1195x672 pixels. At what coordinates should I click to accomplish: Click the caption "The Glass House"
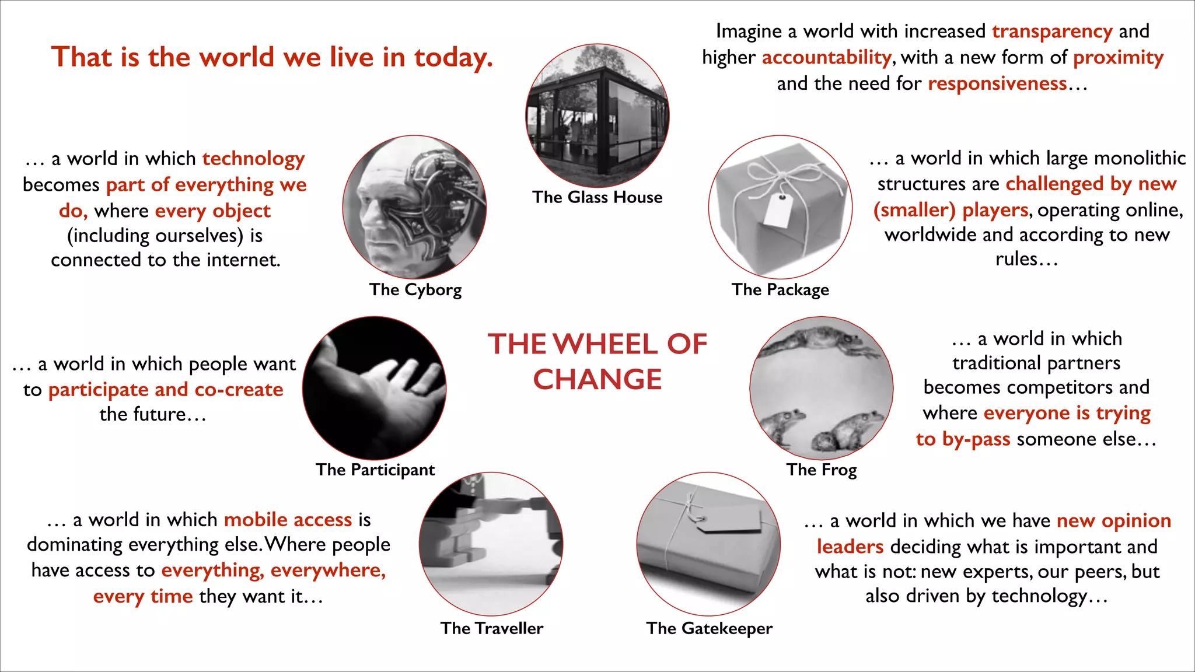click(x=597, y=197)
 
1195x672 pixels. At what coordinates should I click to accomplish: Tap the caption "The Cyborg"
click(x=415, y=289)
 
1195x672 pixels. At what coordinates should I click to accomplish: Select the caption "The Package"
click(x=780, y=289)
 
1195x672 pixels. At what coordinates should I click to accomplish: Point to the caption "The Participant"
click(x=375, y=470)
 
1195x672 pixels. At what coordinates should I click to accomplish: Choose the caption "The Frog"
click(x=822, y=470)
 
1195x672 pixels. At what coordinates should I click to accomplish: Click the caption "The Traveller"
click(x=492, y=628)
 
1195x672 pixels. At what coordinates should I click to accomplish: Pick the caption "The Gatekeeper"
click(x=709, y=628)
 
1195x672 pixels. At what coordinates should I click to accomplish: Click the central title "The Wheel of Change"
click(x=597, y=361)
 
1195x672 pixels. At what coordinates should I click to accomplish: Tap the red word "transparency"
click(x=1052, y=31)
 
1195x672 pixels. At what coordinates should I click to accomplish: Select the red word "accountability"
click(x=826, y=57)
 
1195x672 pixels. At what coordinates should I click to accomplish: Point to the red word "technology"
click(x=253, y=159)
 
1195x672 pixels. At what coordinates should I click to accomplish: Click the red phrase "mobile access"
click(x=288, y=520)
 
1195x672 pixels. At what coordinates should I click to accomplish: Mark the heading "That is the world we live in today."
click(x=272, y=57)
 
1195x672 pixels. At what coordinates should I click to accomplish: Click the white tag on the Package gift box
click(x=778, y=210)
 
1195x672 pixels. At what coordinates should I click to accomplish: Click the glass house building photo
click(x=597, y=117)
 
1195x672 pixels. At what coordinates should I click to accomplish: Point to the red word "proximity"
click(x=1118, y=57)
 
